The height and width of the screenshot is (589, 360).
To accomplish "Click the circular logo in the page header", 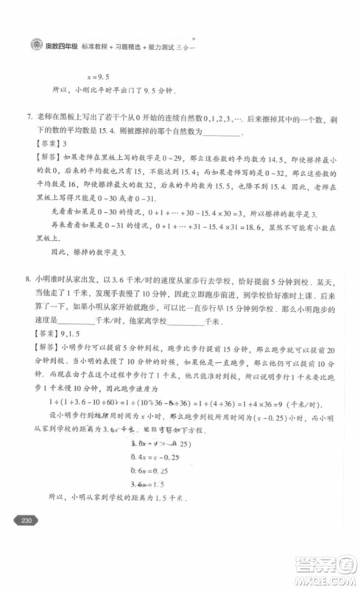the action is click(34, 44).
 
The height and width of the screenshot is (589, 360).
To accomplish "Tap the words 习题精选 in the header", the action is click(126, 44).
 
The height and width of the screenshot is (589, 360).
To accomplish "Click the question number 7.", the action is click(29, 117).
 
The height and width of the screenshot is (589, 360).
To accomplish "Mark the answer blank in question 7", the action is click(220, 132).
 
